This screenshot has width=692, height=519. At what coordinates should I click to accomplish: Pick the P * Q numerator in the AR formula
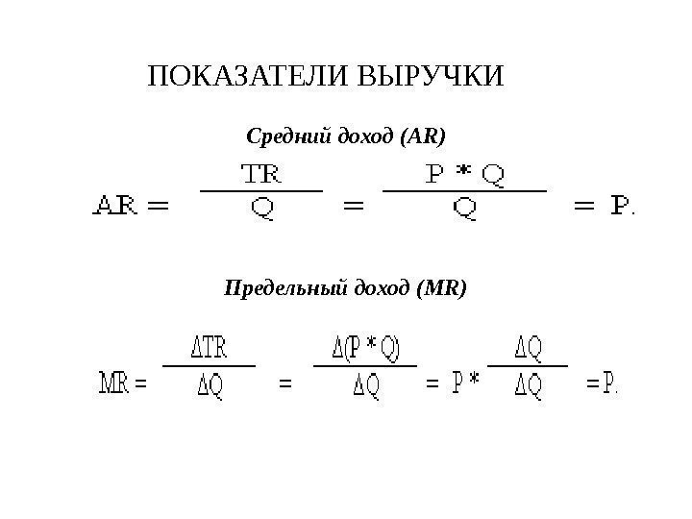465,175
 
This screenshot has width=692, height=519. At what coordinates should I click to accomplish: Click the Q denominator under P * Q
465,208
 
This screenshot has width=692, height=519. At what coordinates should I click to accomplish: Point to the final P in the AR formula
623,205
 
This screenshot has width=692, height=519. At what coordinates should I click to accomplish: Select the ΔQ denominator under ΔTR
210,386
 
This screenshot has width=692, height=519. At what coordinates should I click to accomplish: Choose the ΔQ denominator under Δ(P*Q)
364,386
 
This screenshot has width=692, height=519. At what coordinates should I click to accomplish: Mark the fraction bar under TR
260,190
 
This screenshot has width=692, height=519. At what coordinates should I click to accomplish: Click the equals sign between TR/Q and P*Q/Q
354,206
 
